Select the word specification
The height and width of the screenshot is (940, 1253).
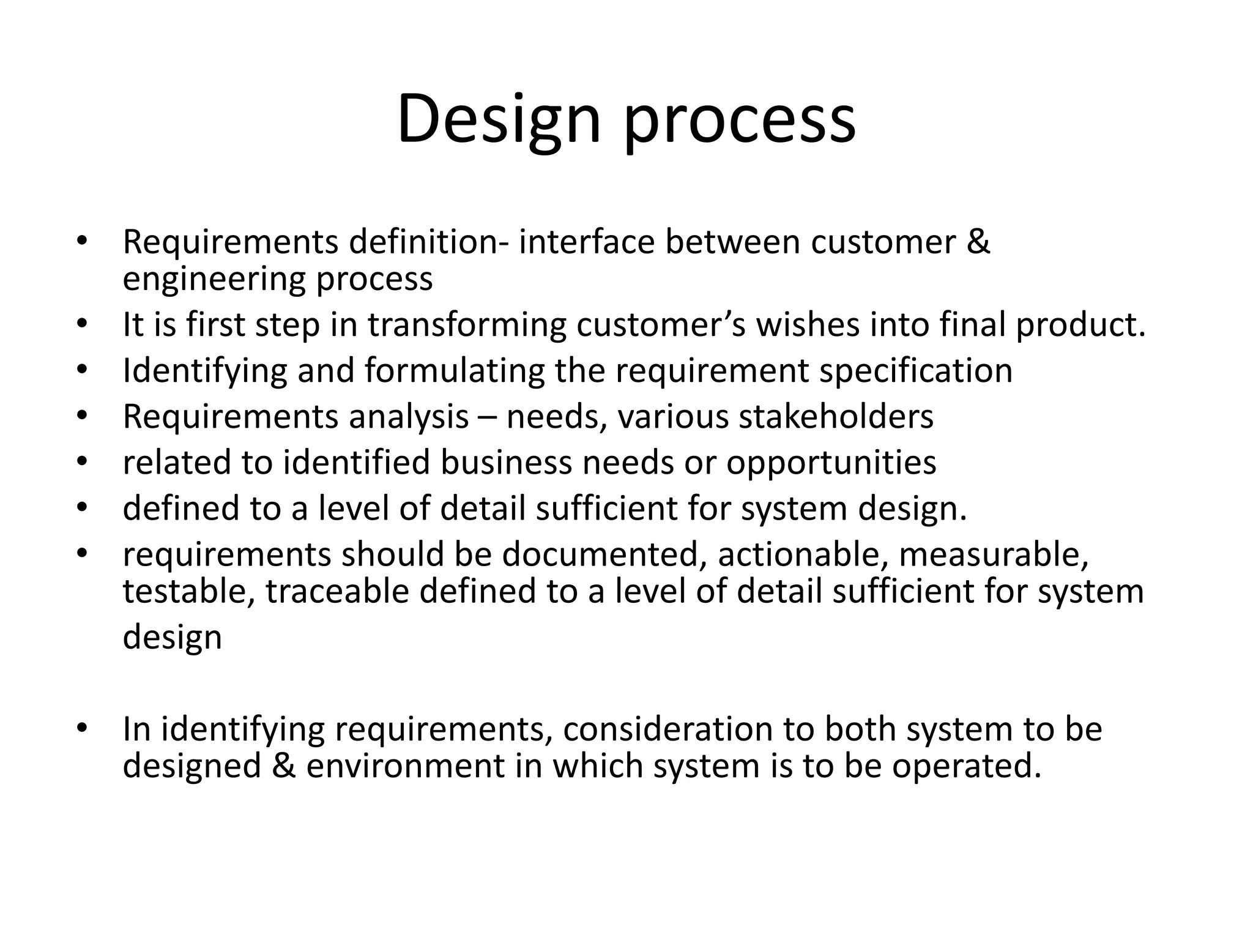(x=916, y=371)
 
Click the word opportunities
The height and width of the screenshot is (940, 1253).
(x=831, y=463)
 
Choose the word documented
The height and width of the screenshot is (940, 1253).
(x=600, y=554)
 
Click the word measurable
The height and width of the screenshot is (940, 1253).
(x=994, y=554)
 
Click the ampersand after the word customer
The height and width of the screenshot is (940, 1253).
(x=978, y=242)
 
